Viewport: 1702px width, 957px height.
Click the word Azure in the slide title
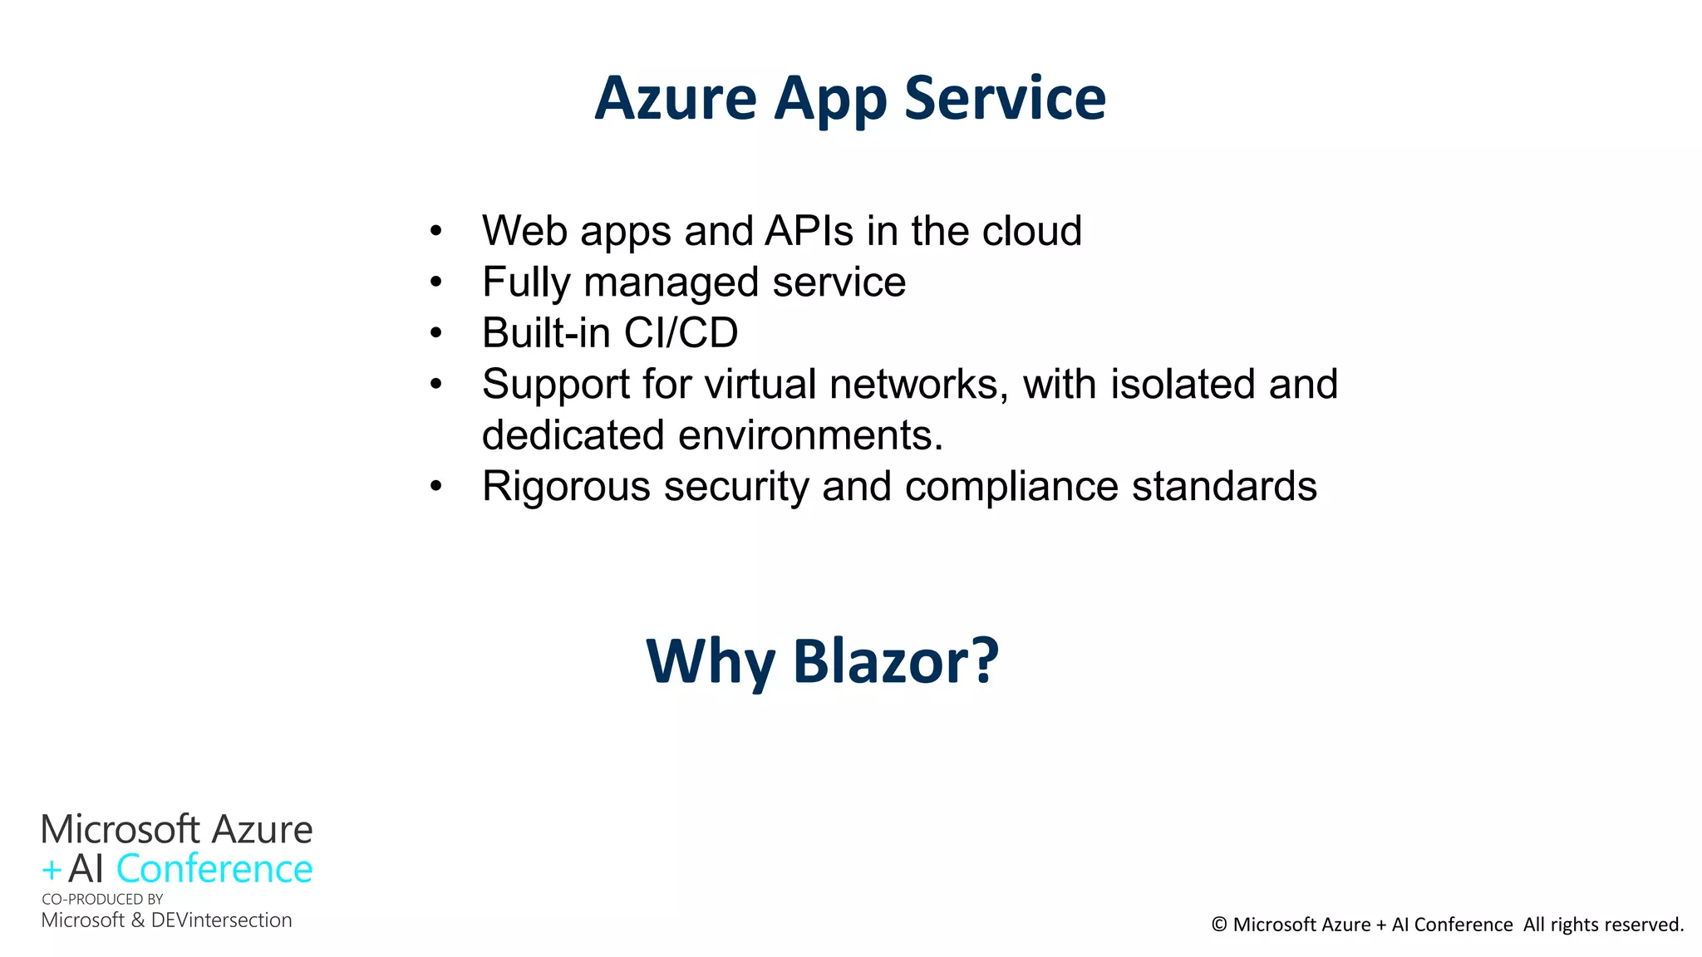tap(675, 98)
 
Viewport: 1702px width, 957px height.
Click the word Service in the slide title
tap(1005, 98)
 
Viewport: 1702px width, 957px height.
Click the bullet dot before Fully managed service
tap(436, 282)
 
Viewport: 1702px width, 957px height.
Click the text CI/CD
tap(681, 333)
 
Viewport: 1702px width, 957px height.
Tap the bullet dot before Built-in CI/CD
tap(436, 334)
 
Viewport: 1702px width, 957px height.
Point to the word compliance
tap(1011, 487)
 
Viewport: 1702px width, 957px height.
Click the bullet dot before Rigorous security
tap(436, 487)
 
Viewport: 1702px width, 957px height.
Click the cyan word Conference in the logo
tap(214, 869)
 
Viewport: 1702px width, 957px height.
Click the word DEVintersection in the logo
tap(221, 920)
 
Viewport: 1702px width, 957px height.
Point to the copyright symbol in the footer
tap(1219, 925)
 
